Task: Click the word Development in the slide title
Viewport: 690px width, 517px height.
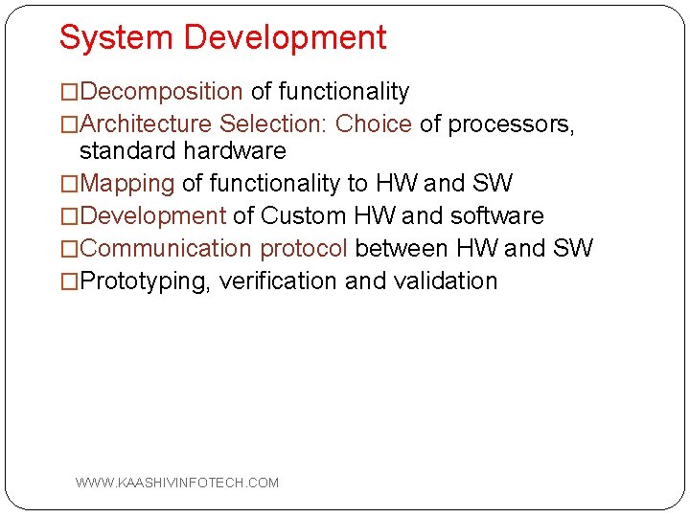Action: coord(285,38)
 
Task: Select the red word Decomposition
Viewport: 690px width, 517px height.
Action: coord(161,92)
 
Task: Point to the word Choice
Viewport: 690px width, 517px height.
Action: coord(373,124)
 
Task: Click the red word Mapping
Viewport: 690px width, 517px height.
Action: coord(127,184)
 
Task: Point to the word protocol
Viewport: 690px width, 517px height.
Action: coord(304,249)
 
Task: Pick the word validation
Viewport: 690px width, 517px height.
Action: coord(446,281)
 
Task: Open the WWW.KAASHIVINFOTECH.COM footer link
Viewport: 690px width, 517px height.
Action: coord(177,483)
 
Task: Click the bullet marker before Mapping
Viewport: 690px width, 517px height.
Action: coord(70,184)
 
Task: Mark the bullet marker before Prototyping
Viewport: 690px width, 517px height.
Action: coord(70,281)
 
